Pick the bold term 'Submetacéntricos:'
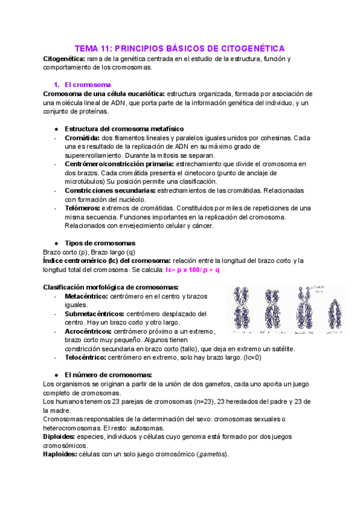(x=94, y=313)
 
